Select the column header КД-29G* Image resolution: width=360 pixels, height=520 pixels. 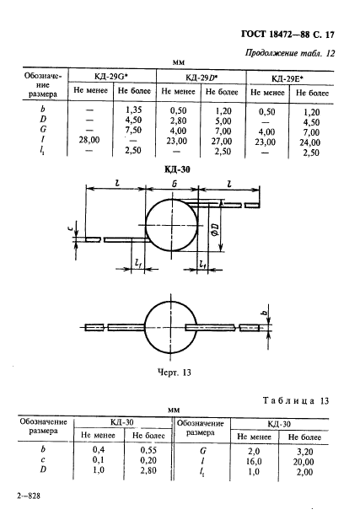point(111,77)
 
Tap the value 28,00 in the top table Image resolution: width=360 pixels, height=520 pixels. point(89,140)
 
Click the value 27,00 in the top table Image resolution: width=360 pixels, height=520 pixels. point(222,142)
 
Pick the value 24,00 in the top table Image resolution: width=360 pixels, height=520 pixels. point(310,142)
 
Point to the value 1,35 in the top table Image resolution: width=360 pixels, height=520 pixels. point(133,110)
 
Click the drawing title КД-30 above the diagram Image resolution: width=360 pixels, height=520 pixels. point(178,169)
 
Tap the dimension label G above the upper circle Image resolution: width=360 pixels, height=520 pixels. point(175,184)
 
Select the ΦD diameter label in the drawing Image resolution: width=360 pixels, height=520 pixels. point(215,229)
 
